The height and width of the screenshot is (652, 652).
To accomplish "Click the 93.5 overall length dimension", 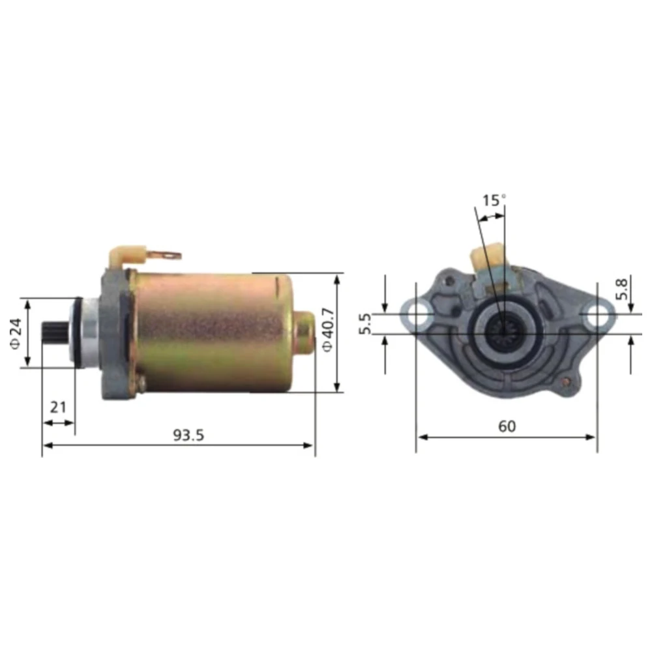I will coord(188,435).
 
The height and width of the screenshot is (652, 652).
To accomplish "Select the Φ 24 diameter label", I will coord(16,333).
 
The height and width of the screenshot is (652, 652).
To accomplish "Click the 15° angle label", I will coord(494,200).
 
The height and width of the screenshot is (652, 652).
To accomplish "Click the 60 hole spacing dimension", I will coord(507,426).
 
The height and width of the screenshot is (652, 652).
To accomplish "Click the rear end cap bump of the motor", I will coord(305,333).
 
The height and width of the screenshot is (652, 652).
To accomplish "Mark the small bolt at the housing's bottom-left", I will coord(140,384).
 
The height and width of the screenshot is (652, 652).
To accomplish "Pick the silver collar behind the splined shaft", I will coord(87,333).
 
